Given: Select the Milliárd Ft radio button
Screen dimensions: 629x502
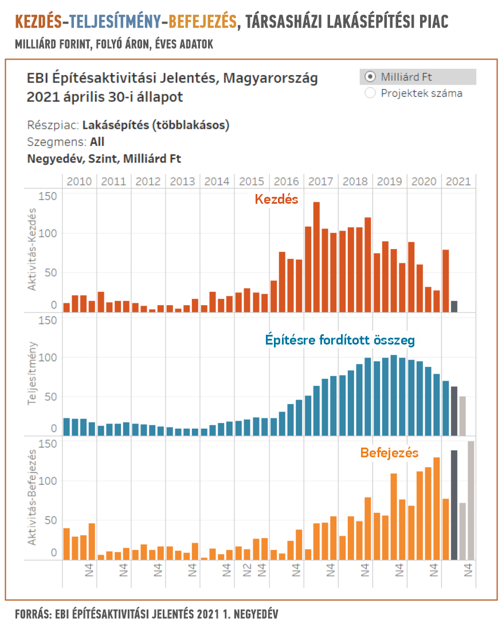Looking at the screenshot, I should click(370, 77).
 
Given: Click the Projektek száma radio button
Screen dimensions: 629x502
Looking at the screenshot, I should click(370, 93).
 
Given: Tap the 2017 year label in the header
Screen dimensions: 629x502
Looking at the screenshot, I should click(321, 181).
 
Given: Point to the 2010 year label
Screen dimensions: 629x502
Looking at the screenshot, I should click(79, 181).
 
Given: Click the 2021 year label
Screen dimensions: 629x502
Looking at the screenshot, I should click(458, 181).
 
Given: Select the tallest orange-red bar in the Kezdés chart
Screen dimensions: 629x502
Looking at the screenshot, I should click(316, 258).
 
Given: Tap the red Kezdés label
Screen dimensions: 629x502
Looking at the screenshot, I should click(276, 200).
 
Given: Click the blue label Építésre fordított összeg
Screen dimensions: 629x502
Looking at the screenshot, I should click(340, 339).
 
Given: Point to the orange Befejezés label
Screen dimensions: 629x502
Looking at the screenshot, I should click(389, 453).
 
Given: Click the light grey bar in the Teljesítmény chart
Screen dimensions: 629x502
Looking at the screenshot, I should click(462, 416).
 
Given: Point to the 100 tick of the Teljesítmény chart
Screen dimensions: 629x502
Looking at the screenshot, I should click(50, 358).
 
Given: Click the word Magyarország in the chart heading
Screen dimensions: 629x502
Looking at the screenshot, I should click(269, 78).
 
